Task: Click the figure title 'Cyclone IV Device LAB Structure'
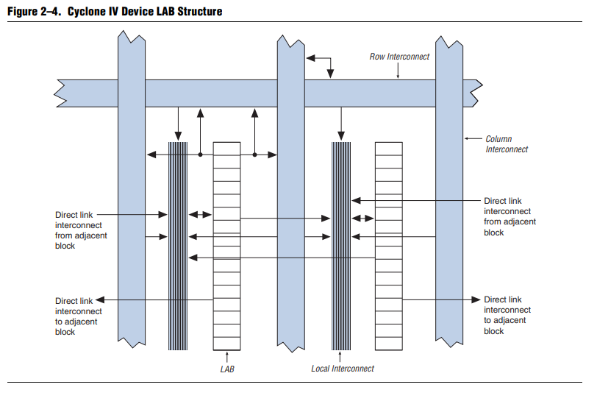pos(145,12)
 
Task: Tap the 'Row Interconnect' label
pos(399,57)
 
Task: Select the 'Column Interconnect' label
pos(507,144)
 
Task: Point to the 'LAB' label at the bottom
pos(227,369)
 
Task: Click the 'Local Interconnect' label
pos(343,369)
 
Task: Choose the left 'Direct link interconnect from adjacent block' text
pos(81,230)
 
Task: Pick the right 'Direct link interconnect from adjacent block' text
pos(510,216)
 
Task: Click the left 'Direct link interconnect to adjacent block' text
pos(78,316)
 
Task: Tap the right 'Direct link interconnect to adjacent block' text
pos(507,315)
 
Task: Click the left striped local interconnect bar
pos(178,246)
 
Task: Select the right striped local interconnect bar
pos(341,246)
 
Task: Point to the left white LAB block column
pos(227,246)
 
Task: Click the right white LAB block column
pos(389,246)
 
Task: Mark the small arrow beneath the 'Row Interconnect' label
pos(398,71)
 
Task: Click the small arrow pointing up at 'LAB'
pos(227,357)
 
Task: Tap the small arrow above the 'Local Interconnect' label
pos(340,357)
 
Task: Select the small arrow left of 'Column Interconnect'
pos(473,138)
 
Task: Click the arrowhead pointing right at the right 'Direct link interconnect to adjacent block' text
pos(476,299)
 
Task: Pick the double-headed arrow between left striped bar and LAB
pos(200,215)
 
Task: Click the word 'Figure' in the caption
pos(23,12)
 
